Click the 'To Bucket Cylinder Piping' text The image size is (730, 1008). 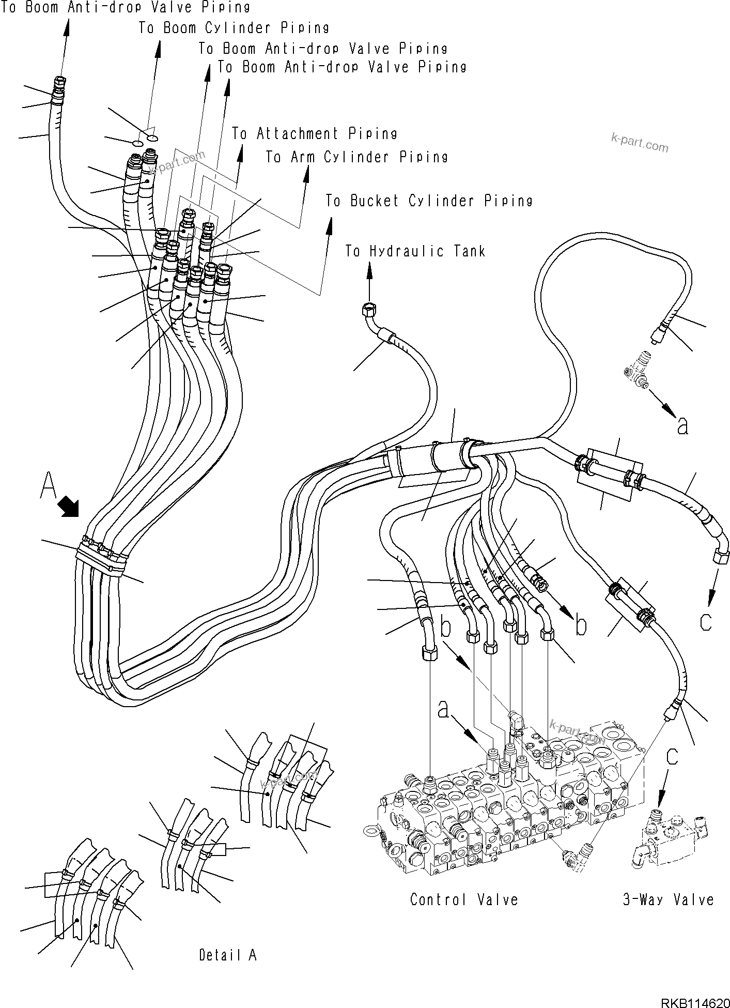click(429, 201)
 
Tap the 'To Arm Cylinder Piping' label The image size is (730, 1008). click(356, 157)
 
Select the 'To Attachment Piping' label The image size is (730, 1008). click(314, 134)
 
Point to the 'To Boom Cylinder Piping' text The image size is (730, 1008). click(234, 28)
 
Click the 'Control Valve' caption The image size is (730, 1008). click(463, 900)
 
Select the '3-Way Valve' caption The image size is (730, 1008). click(668, 900)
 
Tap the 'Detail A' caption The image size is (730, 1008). click(228, 955)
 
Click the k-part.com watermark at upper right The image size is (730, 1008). click(639, 142)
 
